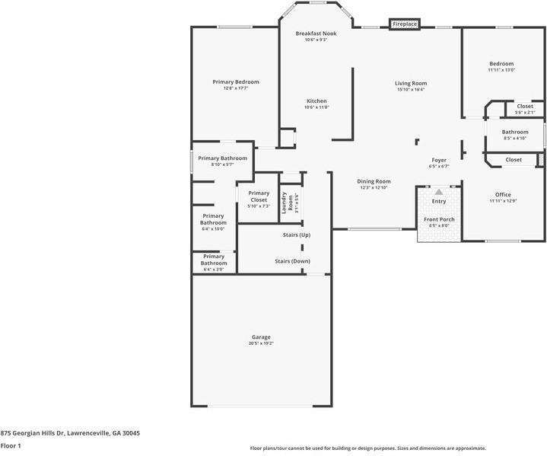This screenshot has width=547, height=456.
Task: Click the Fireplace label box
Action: pyautogui.click(x=405, y=24)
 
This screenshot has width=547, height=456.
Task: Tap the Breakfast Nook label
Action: pyautogui.click(x=316, y=33)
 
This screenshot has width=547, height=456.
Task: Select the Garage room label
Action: pyautogui.click(x=261, y=337)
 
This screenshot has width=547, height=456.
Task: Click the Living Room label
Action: pyautogui.click(x=411, y=83)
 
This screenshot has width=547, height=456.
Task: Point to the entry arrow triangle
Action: pyautogui.click(x=439, y=193)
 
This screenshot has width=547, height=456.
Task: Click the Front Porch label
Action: pyautogui.click(x=439, y=219)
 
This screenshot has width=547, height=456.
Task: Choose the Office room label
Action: pyautogui.click(x=503, y=195)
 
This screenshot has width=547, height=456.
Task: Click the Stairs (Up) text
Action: pyautogui.click(x=297, y=235)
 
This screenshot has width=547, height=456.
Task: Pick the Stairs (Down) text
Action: pyautogui.click(x=293, y=261)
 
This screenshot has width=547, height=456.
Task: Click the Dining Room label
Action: pyautogui.click(x=374, y=181)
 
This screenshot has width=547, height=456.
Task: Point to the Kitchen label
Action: pyautogui.click(x=316, y=101)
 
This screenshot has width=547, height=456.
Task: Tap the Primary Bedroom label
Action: pyautogui.click(x=236, y=82)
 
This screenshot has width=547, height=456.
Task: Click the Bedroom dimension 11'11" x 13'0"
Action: pyautogui.click(x=501, y=70)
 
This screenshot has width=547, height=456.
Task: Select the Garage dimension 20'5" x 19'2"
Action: pyautogui.click(x=261, y=343)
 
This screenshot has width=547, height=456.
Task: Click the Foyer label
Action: pyautogui.click(x=439, y=160)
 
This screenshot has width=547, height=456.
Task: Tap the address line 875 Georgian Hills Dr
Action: pyautogui.click(x=70, y=432)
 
